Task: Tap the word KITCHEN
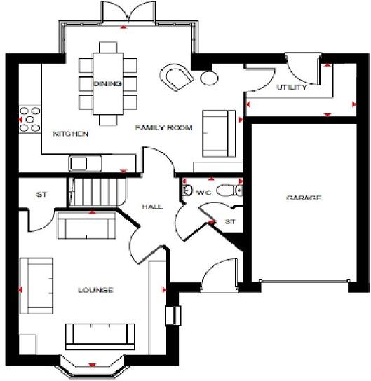[71, 133]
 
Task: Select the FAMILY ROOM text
[163, 128]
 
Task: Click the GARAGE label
[303, 198]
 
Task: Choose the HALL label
[151, 207]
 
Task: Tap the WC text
[204, 190]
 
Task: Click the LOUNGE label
[96, 289]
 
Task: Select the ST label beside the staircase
[41, 195]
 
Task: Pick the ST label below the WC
[229, 222]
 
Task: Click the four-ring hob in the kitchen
[30, 119]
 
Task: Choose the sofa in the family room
[217, 132]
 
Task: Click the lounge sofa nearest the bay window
[100, 335]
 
